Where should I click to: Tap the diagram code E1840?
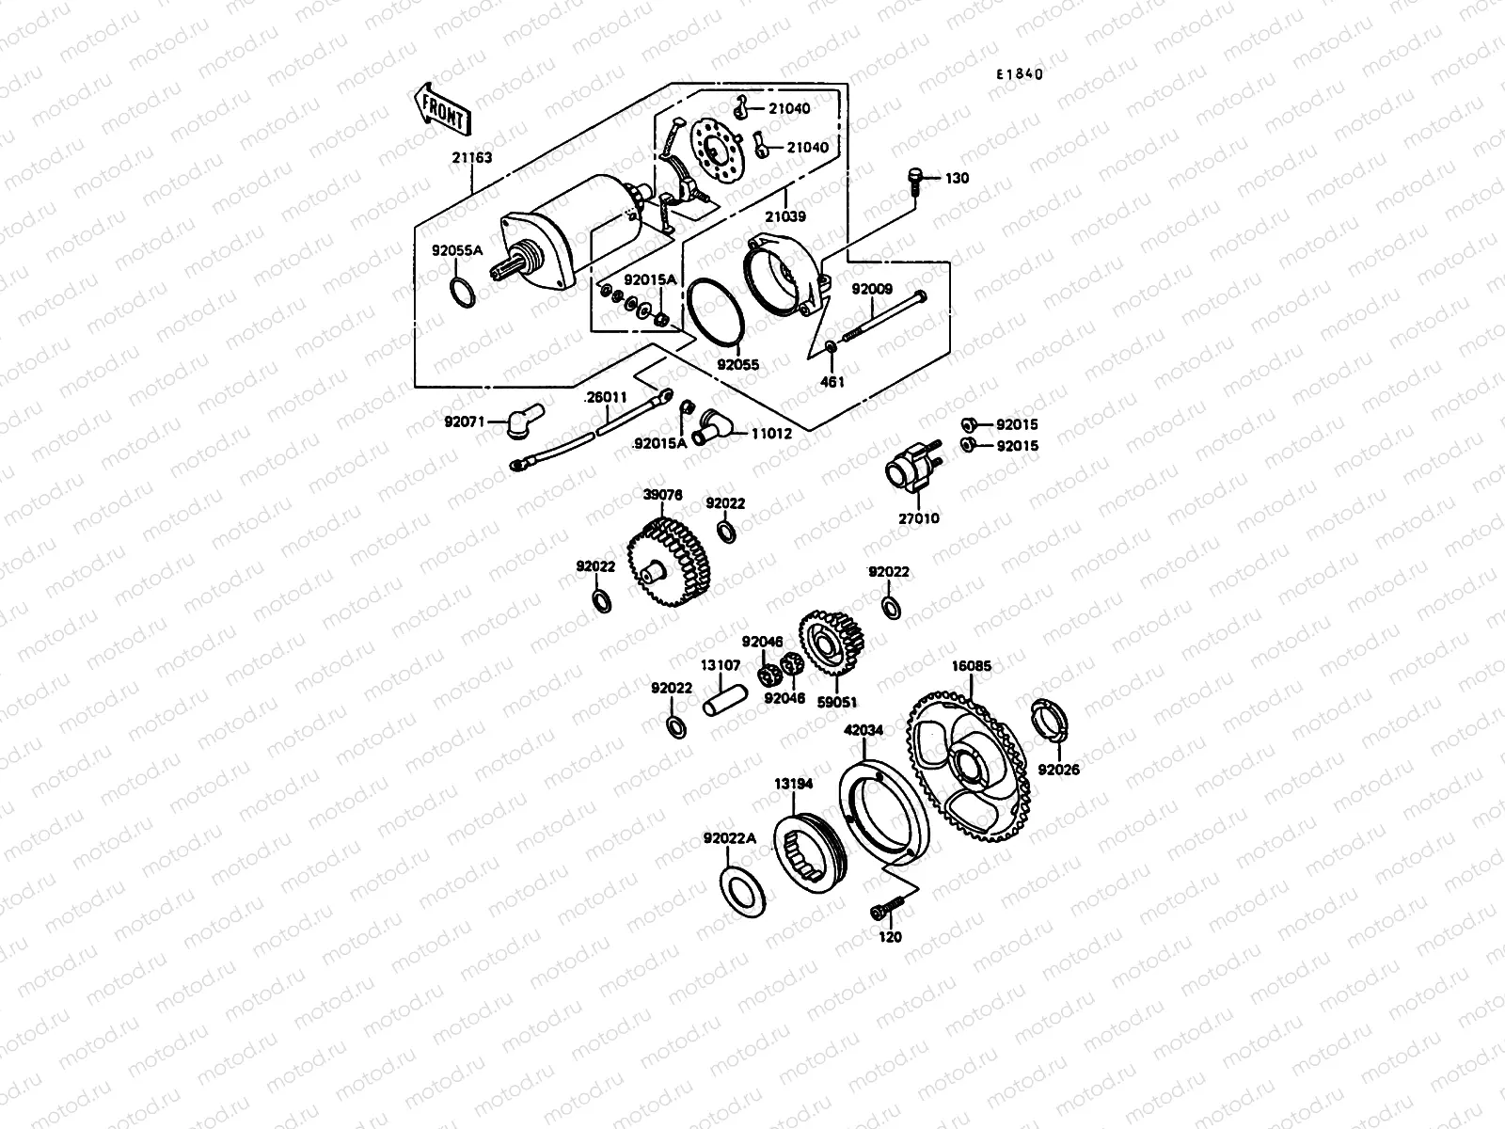coord(1021,75)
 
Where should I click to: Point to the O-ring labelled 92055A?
coord(461,292)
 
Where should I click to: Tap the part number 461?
coord(832,382)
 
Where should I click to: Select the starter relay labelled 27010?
coord(909,469)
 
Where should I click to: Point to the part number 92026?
coord(1059,770)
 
